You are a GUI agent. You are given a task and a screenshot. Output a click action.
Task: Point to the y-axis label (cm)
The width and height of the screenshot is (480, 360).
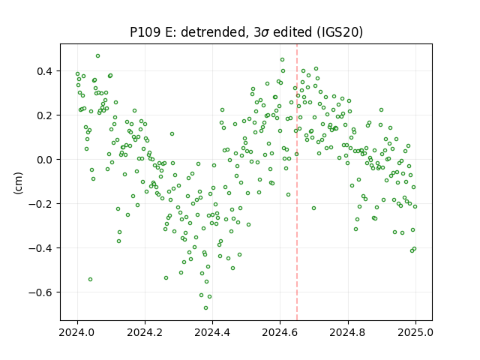tap(18, 183)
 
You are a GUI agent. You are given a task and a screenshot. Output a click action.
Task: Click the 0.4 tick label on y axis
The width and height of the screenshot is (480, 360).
tap(45, 71)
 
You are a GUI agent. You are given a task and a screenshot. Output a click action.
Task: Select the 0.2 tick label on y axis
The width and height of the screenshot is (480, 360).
tap(45, 115)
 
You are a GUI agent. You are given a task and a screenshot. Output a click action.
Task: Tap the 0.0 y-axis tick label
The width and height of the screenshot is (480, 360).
tap(45, 160)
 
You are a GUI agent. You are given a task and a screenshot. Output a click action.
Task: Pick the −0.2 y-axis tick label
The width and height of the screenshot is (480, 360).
tap(40, 204)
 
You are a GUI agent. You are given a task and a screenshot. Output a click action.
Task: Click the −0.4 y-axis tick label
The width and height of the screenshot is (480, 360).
tap(40, 248)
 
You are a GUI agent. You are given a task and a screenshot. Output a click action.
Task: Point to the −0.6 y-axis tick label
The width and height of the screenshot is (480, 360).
tap(40, 292)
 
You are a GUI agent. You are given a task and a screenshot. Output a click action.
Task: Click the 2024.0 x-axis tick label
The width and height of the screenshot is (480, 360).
tap(77, 332)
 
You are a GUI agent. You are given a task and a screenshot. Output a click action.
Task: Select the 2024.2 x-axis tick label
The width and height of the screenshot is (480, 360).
tap(145, 332)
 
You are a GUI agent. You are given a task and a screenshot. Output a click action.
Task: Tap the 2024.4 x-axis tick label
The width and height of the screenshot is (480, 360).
tap(212, 332)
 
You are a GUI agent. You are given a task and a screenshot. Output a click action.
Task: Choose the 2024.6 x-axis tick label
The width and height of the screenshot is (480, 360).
tap(280, 332)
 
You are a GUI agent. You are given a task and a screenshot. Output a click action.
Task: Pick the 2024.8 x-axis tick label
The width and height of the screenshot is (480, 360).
tap(348, 332)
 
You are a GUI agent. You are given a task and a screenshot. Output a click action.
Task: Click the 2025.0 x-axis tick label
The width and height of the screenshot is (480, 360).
tap(415, 332)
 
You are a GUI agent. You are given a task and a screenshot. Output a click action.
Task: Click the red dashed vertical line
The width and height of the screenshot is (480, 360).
tap(297, 182)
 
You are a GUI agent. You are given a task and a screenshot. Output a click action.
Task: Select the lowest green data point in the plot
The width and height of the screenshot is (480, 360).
tap(205, 308)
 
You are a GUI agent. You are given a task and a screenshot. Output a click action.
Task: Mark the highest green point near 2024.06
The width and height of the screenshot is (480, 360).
tap(97, 56)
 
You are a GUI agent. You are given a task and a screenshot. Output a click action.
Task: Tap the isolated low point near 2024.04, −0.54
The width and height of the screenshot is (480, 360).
tap(90, 280)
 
